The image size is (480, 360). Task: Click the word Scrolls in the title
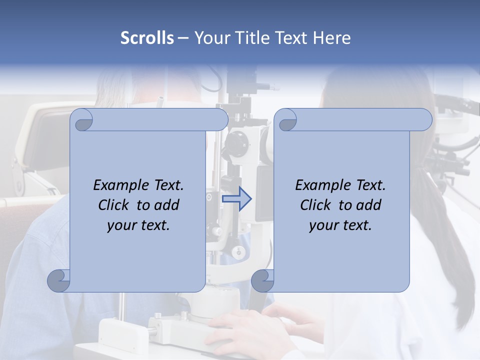pyautogui.click(x=147, y=38)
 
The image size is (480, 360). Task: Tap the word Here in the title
pyautogui.click(x=332, y=38)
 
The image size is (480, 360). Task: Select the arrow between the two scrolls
pyautogui.click(x=237, y=198)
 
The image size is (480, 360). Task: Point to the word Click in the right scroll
pyautogui.click(x=316, y=205)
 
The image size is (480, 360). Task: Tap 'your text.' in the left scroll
pyautogui.click(x=138, y=225)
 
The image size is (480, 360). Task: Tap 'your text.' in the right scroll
pyautogui.click(x=340, y=225)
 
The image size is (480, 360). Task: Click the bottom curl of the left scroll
pyautogui.click(x=59, y=280)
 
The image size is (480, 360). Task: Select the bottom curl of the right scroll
pyautogui.click(x=262, y=280)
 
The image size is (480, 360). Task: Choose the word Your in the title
pyautogui.click(x=210, y=38)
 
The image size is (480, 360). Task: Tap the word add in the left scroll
pyautogui.click(x=167, y=205)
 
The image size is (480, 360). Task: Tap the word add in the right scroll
pyautogui.click(x=369, y=205)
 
